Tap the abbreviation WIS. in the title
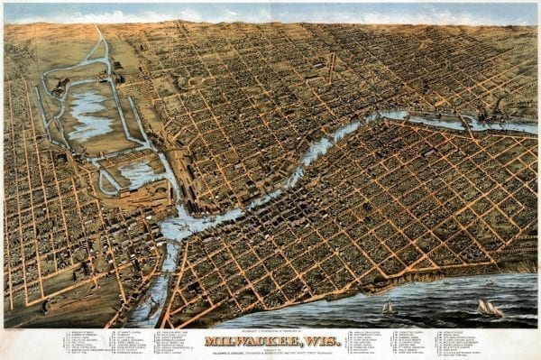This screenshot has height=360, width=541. (x=315, y=341)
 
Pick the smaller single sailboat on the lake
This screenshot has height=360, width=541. (x=389, y=308)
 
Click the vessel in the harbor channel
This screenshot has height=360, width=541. (x=151, y=307)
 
